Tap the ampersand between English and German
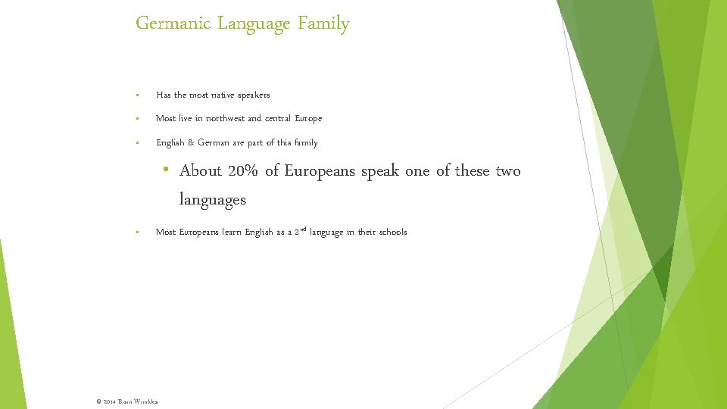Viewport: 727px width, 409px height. click(191, 143)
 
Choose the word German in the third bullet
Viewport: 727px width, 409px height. click(214, 143)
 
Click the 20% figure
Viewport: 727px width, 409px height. click(242, 171)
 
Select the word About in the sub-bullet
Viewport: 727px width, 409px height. click(201, 171)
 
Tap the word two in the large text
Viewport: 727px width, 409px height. click(508, 171)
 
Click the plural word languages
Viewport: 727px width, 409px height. click(213, 201)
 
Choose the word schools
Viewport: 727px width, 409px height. click(392, 233)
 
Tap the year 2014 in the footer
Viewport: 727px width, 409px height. click(108, 400)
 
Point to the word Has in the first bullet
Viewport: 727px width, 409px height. click(164, 95)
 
